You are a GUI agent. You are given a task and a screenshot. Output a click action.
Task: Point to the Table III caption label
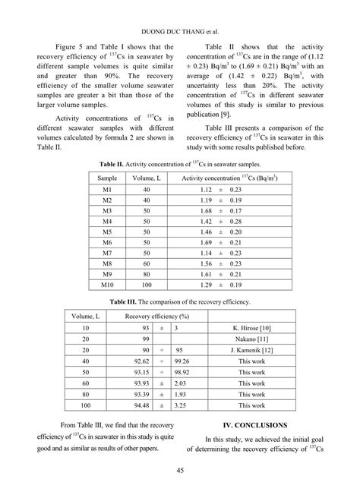point(126,301)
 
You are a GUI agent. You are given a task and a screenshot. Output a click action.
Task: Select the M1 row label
point(106,188)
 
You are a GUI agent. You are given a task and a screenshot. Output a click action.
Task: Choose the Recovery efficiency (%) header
point(156,315)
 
